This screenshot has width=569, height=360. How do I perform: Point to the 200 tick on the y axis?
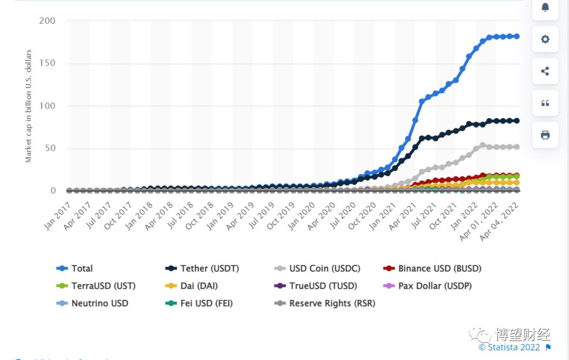point(47,21)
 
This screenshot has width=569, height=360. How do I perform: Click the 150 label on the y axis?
point(47,64)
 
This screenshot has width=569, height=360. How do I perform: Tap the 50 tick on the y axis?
point(50,149)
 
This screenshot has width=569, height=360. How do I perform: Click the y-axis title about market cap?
point(28,106)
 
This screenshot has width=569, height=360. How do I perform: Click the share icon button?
point(545,71)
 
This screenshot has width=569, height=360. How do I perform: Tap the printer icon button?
point(545,135)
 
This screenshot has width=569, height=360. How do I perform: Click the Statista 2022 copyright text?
point(509,347)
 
